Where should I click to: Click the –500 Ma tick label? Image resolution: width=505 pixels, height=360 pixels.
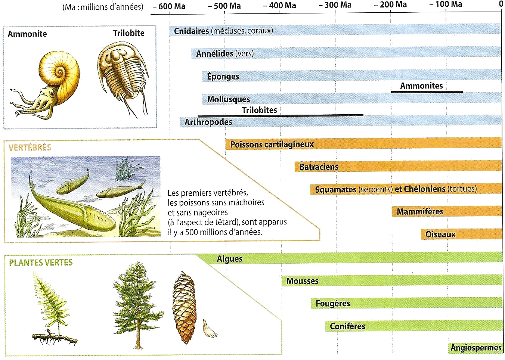tap(224, 6)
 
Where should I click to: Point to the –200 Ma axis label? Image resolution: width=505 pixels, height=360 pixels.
tap(390, 4)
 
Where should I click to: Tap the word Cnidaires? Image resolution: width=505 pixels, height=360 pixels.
tap(191, 31)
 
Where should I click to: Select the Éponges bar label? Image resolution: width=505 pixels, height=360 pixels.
tap(223, 77)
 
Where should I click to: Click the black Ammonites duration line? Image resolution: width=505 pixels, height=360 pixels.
tap(427, 92)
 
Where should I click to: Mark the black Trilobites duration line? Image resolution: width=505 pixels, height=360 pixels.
tap(281, 116)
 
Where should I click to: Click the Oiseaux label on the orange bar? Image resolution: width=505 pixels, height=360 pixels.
tap(440, 235)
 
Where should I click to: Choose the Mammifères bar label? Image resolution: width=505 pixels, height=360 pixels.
tap(420, 211)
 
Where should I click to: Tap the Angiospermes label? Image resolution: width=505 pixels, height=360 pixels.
tap(476, 348)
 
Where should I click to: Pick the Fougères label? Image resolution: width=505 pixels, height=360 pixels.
tap(333, 304)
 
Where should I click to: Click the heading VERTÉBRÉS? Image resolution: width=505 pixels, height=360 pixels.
tap(30, 148)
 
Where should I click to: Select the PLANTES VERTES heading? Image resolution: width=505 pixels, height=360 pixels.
tap(41, 263)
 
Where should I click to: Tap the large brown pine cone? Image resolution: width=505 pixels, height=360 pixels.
tap(185, 307)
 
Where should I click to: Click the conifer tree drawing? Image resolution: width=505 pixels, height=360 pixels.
tap(138, 305)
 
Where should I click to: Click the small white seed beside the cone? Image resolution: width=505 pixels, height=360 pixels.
tap(210, 328)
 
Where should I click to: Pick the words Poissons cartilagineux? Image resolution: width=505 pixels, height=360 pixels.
tap(272, 145)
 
